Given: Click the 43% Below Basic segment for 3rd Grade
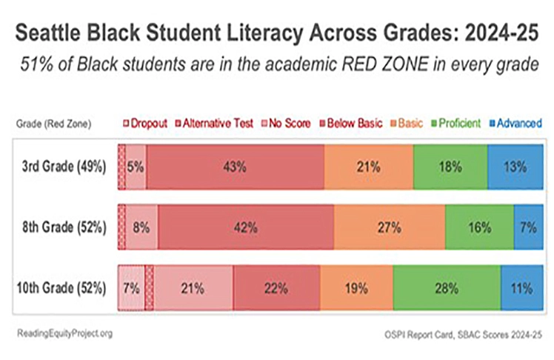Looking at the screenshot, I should [236, 167].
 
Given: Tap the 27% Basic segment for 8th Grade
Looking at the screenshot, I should [389, 228].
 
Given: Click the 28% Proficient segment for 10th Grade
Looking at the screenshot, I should [447, 287].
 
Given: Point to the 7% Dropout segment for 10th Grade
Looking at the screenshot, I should [131, 287].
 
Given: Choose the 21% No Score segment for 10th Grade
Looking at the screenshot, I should [193, 287].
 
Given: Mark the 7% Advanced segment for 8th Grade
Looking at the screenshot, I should [527, 228].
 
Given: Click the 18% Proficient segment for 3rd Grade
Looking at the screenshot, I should [450, 167].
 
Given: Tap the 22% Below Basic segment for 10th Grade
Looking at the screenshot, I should [276, 287].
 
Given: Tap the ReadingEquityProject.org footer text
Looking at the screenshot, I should [64, 333].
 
